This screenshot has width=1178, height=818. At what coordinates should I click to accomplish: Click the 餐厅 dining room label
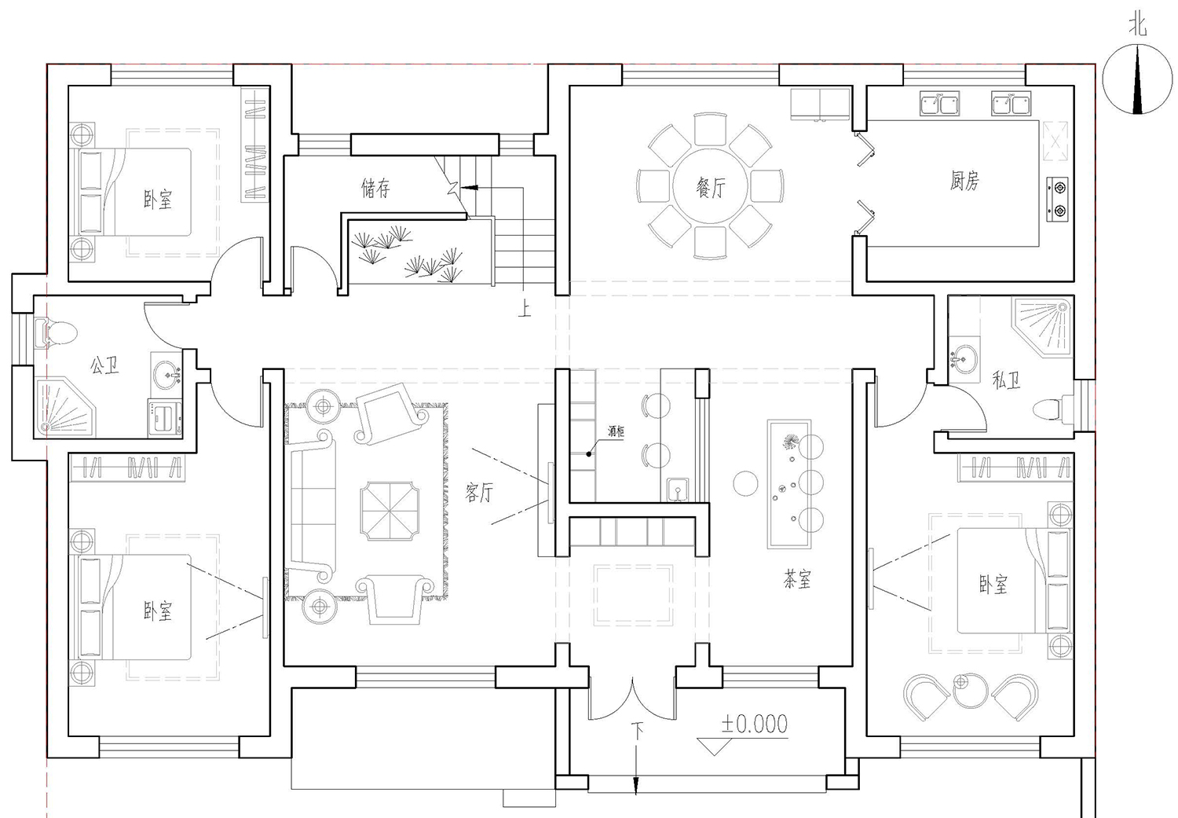click(711, 187)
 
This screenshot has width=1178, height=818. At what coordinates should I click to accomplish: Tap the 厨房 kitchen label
click(964, 180)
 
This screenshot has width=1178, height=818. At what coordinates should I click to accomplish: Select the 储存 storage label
click(375, 188)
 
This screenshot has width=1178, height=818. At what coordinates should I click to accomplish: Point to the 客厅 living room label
click(479, 493)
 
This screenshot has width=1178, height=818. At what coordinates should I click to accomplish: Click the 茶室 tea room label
click(797, 578)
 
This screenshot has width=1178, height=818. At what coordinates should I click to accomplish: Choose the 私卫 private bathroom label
click(1006, 379)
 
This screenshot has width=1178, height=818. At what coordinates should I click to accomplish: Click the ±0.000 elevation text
click(755, 724)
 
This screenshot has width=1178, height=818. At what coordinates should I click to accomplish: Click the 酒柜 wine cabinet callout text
click(616, 431)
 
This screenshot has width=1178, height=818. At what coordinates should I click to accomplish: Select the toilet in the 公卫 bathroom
click(56, 332)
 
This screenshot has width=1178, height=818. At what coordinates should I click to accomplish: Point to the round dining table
click(710, 185)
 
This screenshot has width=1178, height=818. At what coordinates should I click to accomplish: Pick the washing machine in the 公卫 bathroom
click(165, 418)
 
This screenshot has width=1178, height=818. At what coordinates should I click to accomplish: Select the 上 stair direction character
click(525, 310)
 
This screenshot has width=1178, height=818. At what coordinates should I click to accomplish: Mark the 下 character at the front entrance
click(638, 732)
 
